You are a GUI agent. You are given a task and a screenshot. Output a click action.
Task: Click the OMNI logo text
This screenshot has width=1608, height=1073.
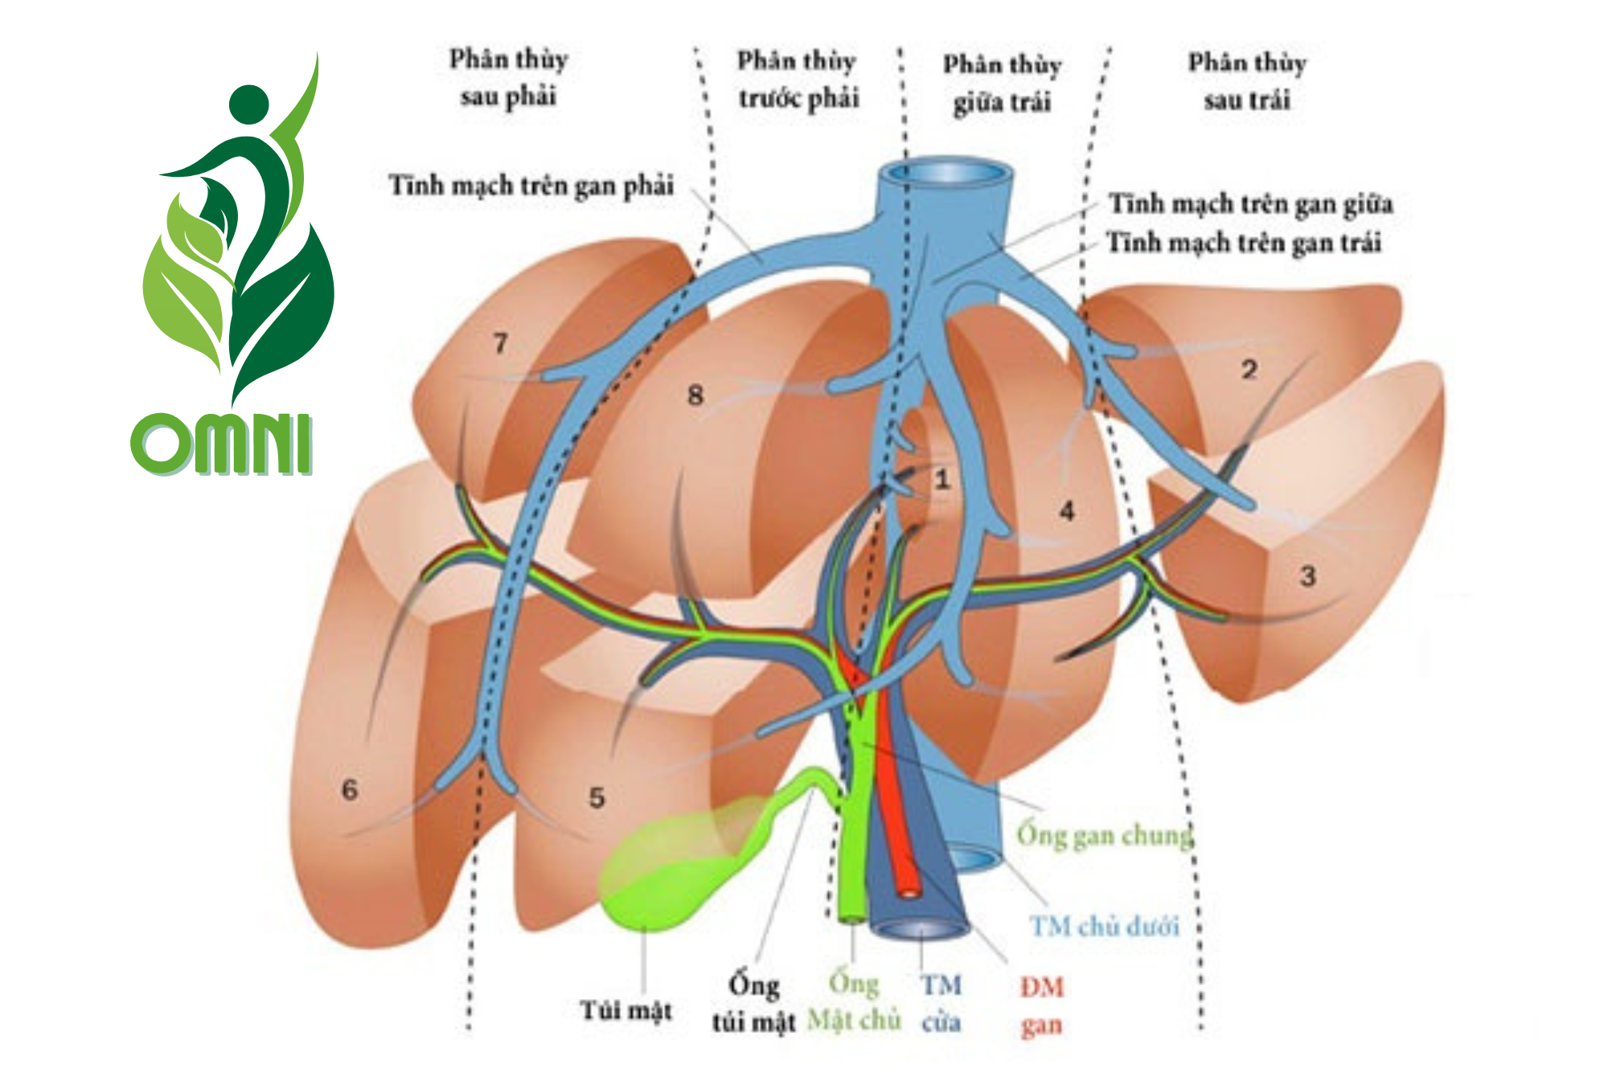coord(221,444)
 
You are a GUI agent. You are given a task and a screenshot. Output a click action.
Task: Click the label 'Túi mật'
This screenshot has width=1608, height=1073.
coord(626,1010)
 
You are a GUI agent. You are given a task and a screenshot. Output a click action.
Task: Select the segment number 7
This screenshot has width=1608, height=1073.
coord(500,343)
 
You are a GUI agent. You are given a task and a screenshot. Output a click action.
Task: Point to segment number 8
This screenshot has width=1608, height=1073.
coord(695,395)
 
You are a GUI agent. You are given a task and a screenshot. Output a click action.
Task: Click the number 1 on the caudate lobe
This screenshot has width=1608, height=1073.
coord(942,480)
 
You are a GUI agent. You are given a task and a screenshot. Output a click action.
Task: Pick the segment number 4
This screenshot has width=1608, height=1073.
coord(1067,510)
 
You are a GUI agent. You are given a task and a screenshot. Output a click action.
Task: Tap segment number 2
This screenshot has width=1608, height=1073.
coord(1249,370)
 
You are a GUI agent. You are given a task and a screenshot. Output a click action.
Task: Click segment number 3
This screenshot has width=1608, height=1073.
coord(1308,575)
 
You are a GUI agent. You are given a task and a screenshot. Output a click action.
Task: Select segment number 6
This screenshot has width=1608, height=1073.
coord(349,788)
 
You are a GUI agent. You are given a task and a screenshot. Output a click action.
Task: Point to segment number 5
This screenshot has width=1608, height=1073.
coord(597,797)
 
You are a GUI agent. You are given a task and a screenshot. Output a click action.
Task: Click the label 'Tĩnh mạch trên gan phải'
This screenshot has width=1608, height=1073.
coord(531,186)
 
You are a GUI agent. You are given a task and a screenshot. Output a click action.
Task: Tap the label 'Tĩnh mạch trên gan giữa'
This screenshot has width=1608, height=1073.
coord(1250,204)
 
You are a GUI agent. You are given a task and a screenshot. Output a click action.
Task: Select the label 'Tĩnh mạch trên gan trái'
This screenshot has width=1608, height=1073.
coord(1244,243)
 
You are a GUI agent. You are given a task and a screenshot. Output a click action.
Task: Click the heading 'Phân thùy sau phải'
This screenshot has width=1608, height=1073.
coord(508,78)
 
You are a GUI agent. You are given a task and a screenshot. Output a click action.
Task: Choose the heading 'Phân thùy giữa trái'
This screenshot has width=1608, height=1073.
coord(1002,83)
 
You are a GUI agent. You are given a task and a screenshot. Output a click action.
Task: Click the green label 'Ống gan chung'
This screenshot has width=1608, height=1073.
coord(1104,836)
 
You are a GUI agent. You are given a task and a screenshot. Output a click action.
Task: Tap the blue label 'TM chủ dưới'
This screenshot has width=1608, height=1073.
coord(1104,927)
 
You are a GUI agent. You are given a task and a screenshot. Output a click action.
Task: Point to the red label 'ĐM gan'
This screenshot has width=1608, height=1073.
coord(1042,1005)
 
